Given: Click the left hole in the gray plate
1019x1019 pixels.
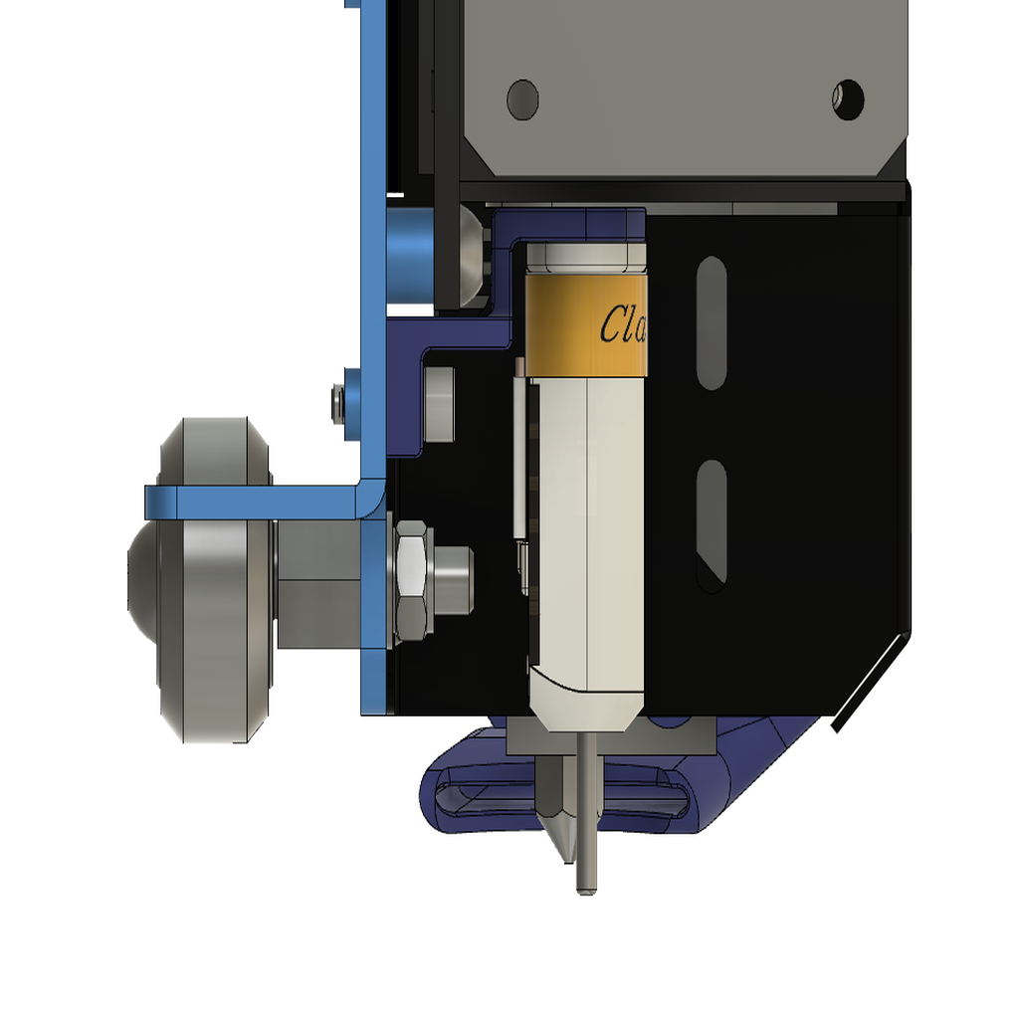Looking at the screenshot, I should pos(522,99).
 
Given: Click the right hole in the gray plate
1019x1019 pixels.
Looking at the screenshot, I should pos(849,98).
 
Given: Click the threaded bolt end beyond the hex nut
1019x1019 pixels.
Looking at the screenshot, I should pos(454,579).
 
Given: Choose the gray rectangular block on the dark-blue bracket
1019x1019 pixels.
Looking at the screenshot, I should pos(439,404).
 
